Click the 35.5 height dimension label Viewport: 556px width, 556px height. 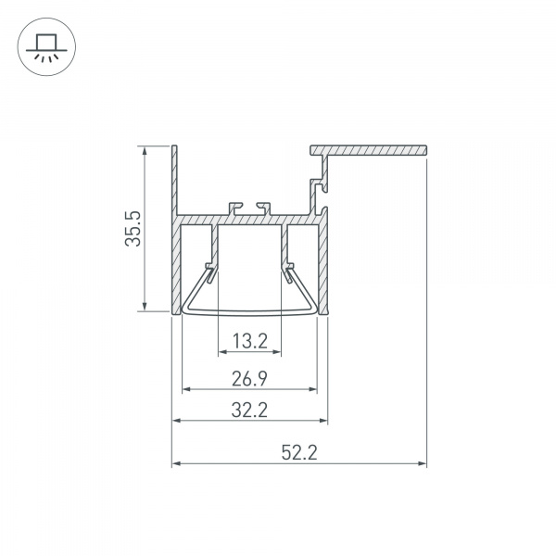(133, 229)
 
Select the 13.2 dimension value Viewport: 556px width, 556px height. (249, 342)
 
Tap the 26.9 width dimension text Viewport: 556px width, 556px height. (249, 377)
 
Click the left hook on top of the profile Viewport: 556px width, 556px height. (233, 204)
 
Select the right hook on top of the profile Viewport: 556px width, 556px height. (264, 204)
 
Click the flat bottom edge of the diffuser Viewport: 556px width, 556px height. (249, 313)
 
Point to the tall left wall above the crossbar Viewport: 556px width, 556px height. (174, 181)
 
